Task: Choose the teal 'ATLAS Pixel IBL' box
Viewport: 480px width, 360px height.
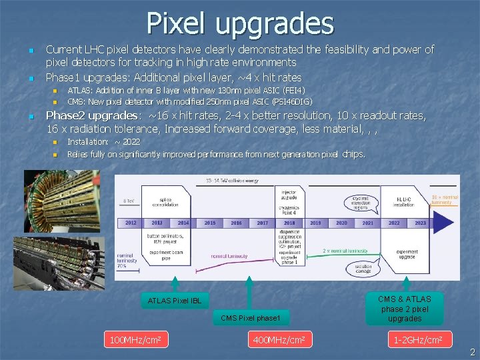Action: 174,301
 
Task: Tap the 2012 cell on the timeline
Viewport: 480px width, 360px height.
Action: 130,223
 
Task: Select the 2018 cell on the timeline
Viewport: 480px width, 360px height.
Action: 289,223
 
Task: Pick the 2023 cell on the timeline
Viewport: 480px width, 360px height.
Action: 420,223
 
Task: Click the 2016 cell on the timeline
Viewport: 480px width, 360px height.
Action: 236,223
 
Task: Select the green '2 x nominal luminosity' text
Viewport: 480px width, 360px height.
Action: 345,251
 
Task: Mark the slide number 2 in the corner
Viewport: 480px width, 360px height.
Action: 472,351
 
